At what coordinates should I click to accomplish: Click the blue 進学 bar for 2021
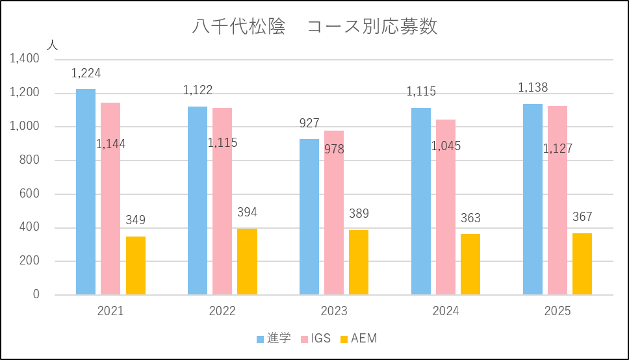click(86, 192)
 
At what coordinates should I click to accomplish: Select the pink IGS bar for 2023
click(334, 212)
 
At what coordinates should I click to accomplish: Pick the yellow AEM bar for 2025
click(582, 264)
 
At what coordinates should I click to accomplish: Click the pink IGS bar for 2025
click(558, 200)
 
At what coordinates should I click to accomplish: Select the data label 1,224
click(86, 73)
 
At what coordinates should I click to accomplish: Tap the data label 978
click(334, 149)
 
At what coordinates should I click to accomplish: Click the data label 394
click(247, 214)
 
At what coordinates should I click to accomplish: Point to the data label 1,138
click(533, 88)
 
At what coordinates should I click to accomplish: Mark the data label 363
click(470, 218)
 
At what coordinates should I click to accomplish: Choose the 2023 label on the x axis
click(334, 311)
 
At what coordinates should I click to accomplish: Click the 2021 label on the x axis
click(110, 311)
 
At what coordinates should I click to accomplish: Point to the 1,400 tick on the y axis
click(25, 59)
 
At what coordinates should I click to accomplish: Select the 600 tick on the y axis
click(29, 194)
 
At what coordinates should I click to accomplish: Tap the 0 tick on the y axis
click(36, 295)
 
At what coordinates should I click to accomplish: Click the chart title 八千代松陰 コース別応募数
click(314, 27)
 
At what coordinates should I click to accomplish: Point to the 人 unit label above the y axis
click(53, 45)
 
